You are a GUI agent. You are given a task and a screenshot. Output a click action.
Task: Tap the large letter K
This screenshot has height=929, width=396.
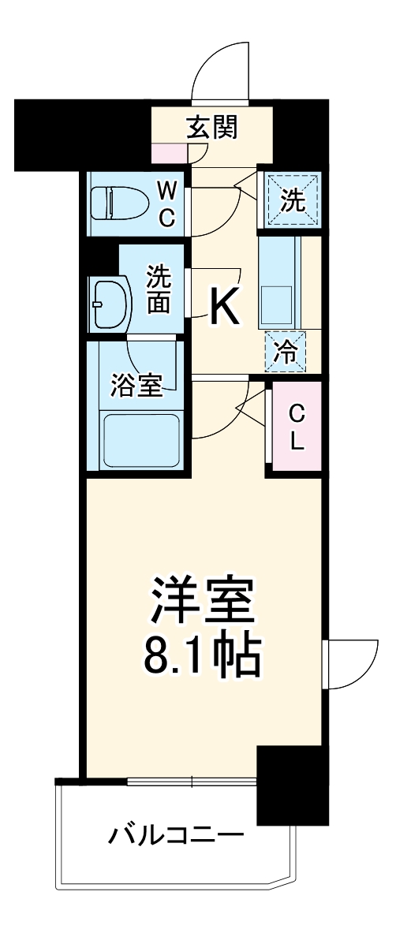coord(224,308)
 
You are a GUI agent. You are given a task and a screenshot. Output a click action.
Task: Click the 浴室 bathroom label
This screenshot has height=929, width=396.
coord(136,386)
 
